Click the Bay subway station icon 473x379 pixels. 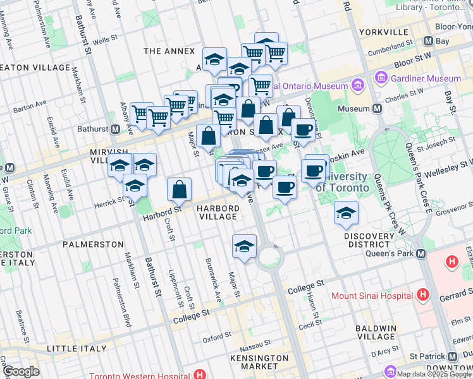coord(428,41)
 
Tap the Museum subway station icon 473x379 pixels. coord(378,109)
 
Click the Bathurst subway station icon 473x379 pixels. coord(116,129)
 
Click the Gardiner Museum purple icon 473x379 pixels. coord(381,79)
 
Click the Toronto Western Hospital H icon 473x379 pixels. coord(200,374)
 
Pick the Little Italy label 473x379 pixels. coord(73,348)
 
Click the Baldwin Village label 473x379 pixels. coord(375,333)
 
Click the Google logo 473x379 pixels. coord(21,371)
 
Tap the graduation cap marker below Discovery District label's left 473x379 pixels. coord(346,214)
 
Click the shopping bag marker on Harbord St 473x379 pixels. coord(180,189)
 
